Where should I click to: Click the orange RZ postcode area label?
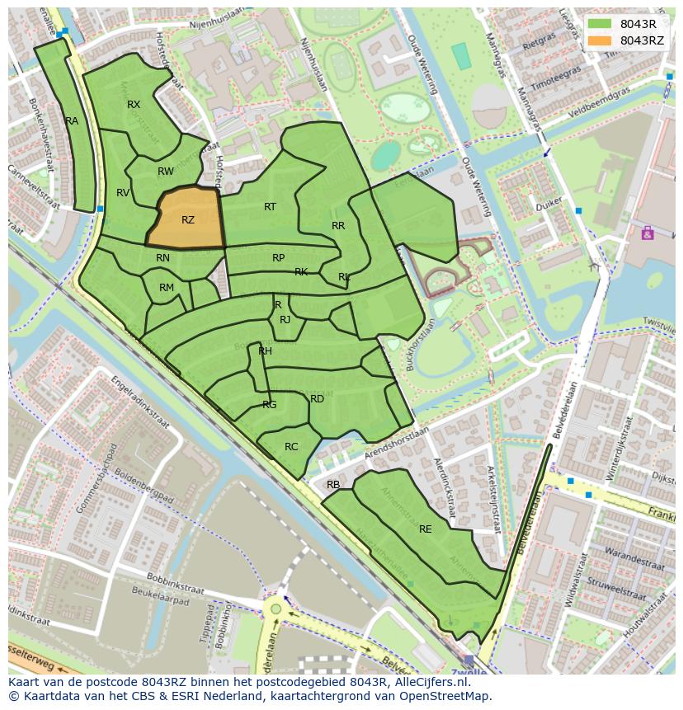(188, 220)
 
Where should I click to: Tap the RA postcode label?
(72, 121)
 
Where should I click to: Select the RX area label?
(134, 105)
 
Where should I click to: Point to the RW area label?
(166, 172)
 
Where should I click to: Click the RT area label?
(270, 207)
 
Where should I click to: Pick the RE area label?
(426, 529)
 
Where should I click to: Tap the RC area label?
(291, 447)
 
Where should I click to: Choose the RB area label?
(333, 485)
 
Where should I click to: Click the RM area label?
(167, 288)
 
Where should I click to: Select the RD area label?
(317, 399)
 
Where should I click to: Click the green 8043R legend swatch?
(601, 24)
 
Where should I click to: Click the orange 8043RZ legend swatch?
(601, 40)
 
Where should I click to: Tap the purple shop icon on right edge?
(648, 233)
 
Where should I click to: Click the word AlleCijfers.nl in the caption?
(428, 683)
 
